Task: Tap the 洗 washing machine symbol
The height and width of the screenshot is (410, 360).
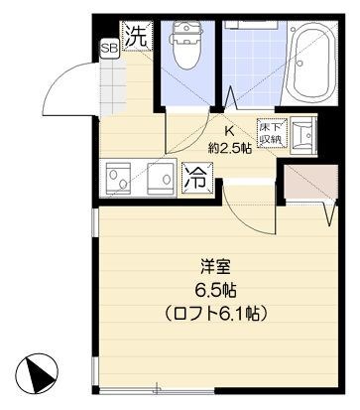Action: (139, 38)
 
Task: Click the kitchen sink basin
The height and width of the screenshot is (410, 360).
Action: (122, 180)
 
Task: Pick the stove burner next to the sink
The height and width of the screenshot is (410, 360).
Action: (160, 180)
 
